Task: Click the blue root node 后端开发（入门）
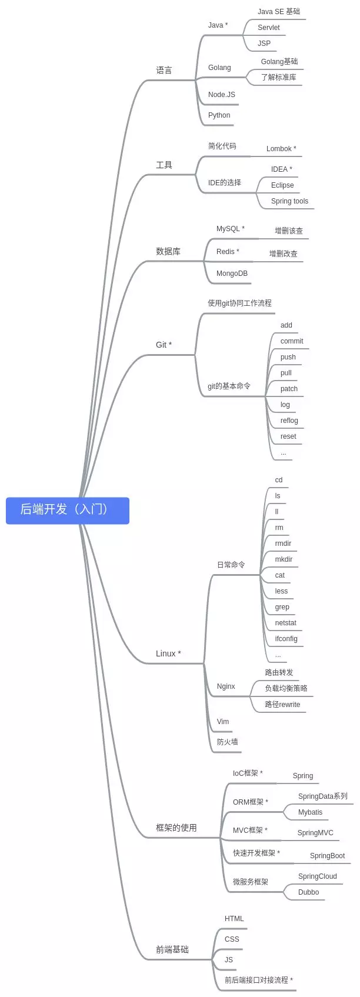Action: [67, 510]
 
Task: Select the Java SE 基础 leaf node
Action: [278, 12]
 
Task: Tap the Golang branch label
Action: [219, 68]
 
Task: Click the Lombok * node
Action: [281, 149]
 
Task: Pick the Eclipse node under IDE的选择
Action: [282, 185]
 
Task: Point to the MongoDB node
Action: [232, 274]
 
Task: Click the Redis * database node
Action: [228, 252]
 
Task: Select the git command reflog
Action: [289, 421]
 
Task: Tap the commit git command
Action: [292, 341]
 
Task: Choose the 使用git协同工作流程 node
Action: [239, 304]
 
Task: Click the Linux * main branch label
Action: [168, 653]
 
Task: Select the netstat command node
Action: [285, 623]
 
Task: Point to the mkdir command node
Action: [284, 559]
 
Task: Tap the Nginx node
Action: [226, 686]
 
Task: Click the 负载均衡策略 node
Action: [286, 688]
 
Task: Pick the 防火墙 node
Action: [227, 742]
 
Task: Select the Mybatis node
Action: [310, 812]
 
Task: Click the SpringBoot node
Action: [327, 856]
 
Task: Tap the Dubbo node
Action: [308, 892]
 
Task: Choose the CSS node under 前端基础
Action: [232, 939]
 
